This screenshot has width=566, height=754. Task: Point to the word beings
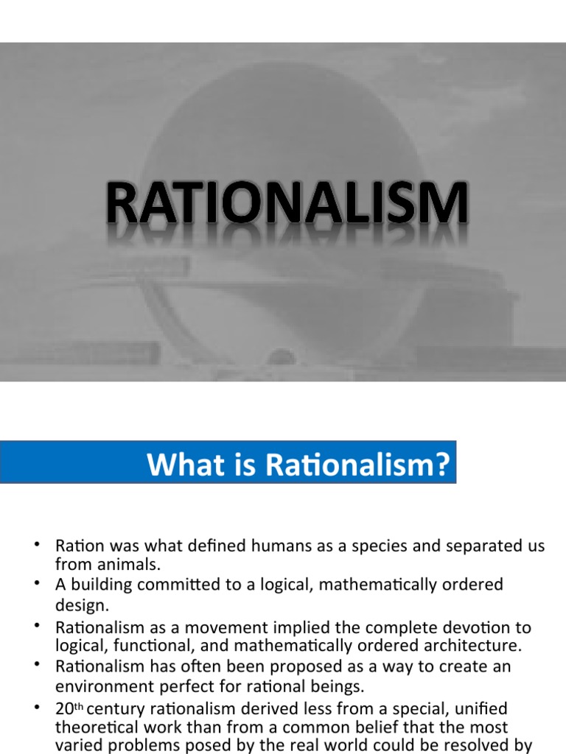(x=336, y=687)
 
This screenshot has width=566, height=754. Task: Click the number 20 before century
(x=64, y=709)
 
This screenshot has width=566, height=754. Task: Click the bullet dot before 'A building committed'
(x=35, y=583)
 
